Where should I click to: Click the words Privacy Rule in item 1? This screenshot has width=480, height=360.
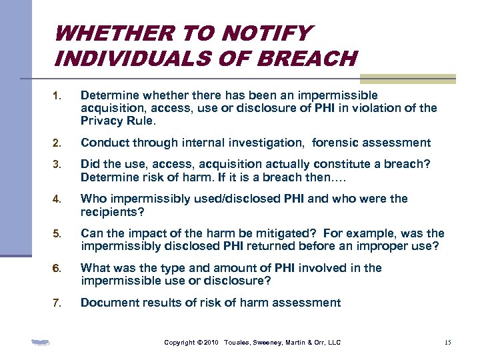117,121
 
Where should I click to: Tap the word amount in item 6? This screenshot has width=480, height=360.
219,268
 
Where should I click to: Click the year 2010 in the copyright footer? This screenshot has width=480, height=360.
211,343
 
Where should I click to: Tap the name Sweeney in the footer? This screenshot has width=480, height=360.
265,343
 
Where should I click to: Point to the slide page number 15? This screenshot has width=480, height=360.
447,343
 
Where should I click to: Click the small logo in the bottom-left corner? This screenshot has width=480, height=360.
41,343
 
